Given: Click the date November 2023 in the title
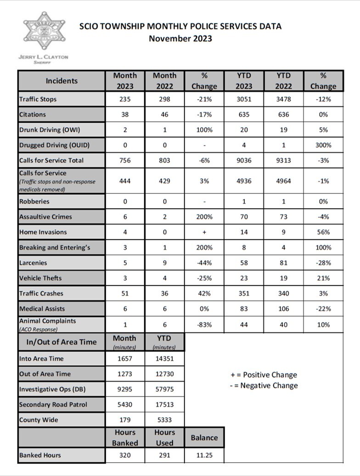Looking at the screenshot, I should [x=180, y=39].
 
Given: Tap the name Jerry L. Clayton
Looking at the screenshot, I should [x=43, y=57].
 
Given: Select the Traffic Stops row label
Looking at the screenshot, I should [x=38, y=99].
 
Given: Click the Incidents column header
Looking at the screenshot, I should [x=62, y=81].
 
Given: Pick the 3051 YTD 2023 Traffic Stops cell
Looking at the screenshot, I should [x=244, y=99].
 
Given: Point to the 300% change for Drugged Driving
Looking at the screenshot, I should [x=323, y=145].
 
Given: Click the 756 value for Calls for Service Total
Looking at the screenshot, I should [x=125, y=160].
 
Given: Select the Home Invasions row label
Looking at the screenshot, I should [x=43, y=232].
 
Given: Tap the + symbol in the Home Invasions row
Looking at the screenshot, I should [x=204, y=232].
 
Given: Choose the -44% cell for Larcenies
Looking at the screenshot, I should [x=204, y=263].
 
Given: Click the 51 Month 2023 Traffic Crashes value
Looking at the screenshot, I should [x=125, y=293].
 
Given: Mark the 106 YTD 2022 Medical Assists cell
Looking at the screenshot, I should [x=284, y=309].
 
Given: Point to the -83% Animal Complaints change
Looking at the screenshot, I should [x=204, y=324].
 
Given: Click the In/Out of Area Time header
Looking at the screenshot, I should [x=62, y=341].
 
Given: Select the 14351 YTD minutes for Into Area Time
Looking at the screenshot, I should [x=164, y=358].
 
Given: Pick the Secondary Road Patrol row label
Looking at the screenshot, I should [x=53, y=405].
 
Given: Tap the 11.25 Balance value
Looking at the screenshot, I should [x=204, y=455].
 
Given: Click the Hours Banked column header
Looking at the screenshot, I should [x=125, y=437].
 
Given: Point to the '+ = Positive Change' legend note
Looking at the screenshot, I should [x=264, y=374].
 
